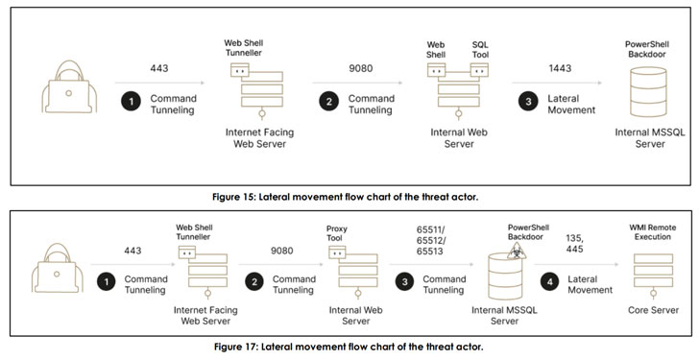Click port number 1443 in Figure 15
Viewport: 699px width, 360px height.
[x=560, y=68]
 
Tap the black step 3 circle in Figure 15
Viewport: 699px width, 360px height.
[x=528, y=102]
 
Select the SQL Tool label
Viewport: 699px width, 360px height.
[x=480, y=50]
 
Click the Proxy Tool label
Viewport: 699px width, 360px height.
[x=337, y=233]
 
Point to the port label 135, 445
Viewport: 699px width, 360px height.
[x=574, y=243]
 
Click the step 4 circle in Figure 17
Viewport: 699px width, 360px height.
[x=549, y=282]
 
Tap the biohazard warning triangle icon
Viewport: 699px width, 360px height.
[x=517, y=252]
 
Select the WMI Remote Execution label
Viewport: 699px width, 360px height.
[x=653, y=232]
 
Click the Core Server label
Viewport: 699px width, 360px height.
[x=653, y=310]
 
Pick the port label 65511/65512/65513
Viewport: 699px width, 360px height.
[x=431, y=241]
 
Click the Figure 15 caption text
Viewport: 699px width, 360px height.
[x=345, y=197]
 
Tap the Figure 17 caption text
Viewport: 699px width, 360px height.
[x=349, y=347]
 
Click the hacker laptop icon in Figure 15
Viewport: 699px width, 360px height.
[x=69, y=86]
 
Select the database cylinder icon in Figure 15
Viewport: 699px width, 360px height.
[x=648, y=92]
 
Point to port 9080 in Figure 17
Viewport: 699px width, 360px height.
[x=281, y=251]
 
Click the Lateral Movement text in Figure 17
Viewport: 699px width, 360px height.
[x=590, y=284]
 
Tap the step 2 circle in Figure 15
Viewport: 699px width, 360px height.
[x=329, y=102]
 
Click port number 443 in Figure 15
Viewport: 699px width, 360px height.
[x=159, y=68]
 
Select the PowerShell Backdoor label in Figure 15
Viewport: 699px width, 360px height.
[x=647, y=50]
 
